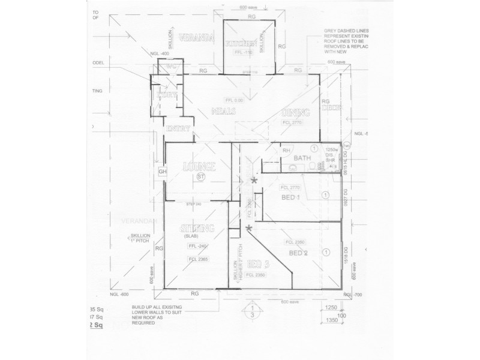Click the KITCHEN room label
point(242,44)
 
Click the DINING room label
point(296,113)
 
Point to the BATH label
point(302,158)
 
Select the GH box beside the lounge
point(162,172)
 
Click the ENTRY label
point(179,128)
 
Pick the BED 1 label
point(291,197)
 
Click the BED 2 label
point(298,253)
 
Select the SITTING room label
point(197,228)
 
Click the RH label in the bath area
point(287,151)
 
